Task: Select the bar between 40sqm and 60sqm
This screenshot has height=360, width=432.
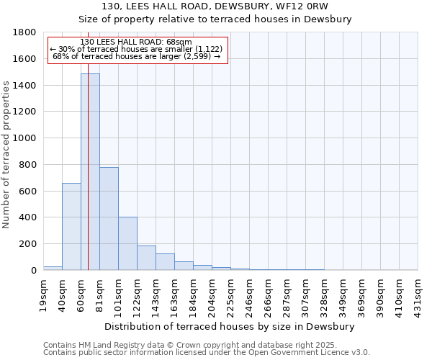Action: (71, 227)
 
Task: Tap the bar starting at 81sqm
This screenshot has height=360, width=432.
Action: (109, 219)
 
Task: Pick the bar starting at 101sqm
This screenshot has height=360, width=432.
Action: (127, 243)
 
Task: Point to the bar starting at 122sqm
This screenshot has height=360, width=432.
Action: (146, 258)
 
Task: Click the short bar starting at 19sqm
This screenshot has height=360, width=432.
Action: (53, 268)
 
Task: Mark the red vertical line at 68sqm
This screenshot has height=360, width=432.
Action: (88, 180)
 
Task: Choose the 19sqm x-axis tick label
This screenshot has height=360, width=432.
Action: (44, 294)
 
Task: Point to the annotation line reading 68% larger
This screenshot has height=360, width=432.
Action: (137, 56)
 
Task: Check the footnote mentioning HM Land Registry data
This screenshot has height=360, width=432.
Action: (194, 346)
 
